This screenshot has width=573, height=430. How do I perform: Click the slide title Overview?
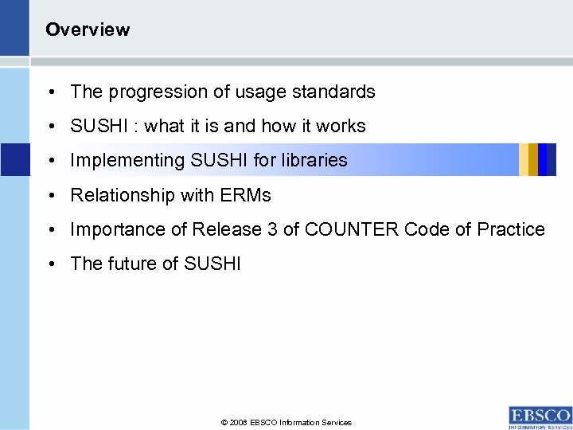pos(88,30)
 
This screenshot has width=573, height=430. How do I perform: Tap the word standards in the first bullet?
pos(334,92)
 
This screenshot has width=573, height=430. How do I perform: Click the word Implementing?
pos(127,160)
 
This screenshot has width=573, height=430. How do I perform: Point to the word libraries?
pos(318,160)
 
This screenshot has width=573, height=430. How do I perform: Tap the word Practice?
pos(511,230)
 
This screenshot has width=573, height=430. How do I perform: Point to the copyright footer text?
pos(286,423)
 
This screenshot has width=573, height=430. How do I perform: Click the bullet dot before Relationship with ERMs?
pos(50,196)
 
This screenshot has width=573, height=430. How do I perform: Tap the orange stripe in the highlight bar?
pos(524,159)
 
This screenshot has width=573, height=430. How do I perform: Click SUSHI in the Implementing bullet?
pos(220,160)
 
